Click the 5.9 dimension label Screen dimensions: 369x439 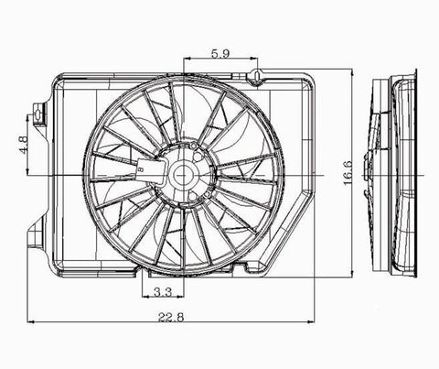point(220,54)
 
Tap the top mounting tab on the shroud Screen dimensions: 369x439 point(259,72)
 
